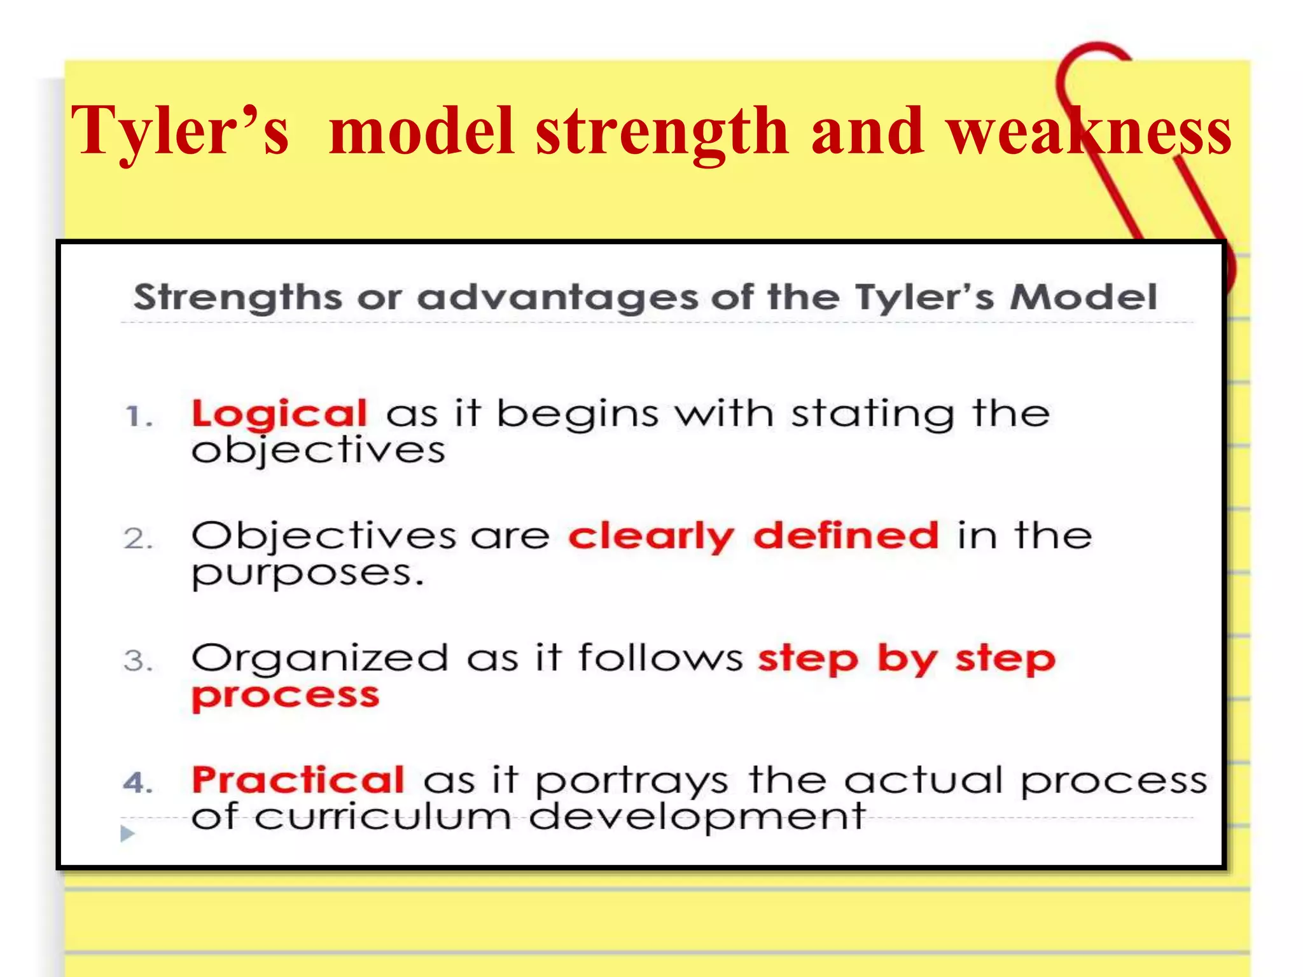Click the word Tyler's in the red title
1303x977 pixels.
[x=180, y=132]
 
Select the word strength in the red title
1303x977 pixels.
[x=662, y=132]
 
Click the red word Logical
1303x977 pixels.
[x=279, y=415]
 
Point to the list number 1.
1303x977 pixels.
[x=138, y=417]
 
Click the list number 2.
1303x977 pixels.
[x=138, y=539]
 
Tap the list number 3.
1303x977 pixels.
[x=138, y=662]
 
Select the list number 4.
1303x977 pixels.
[x=138, y=783]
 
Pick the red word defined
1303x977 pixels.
[x=846, y=536]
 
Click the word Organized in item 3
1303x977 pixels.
[x=320, y=659]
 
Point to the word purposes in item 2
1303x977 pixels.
[x=307, y=574]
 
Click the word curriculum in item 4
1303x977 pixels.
[x=383, y=817]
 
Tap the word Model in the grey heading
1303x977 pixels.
[x=1084, y=297]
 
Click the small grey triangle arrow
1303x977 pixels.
[x=127, y=833]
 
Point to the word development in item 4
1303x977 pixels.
[x=697, y=818]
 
